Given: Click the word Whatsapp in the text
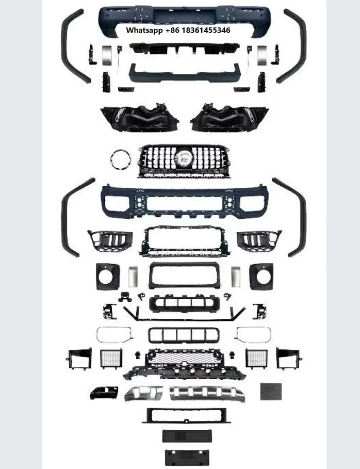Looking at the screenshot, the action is click(x=144, y=30).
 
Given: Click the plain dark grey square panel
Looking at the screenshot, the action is click(x=271, y=392).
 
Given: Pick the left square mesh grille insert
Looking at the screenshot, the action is click(x=111, y=359).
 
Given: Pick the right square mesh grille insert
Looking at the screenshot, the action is click(x=256, y=359).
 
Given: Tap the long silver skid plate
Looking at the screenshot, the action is click(x=207, y=393).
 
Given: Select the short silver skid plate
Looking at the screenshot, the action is click(x=143, y=393).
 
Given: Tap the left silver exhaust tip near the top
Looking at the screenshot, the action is click(x=107, y=55).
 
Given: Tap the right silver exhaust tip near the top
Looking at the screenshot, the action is click(x=262, y=55).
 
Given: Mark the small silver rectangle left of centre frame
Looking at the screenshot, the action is click(x=133, y=277).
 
